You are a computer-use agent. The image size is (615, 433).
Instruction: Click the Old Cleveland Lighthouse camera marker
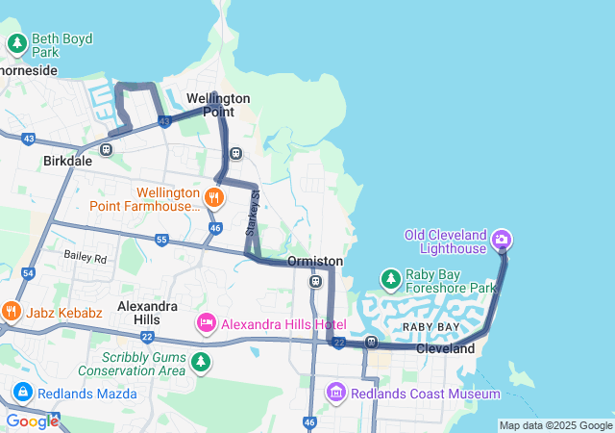(501, 239)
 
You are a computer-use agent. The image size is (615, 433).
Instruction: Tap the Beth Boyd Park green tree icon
(17, 43)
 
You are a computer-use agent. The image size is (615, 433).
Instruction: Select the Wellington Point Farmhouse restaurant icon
(213, 198)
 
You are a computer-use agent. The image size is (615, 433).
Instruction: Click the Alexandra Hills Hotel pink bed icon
(206, 324)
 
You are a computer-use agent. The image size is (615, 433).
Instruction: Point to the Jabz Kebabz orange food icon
(11, 311)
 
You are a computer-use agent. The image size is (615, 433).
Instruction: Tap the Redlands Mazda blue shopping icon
(22, 394)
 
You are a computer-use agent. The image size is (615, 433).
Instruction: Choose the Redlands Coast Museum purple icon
(335, 393)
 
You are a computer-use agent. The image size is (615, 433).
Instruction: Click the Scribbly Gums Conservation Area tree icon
(201, 362)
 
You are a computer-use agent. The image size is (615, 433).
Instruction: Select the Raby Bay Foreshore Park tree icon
(390, 279)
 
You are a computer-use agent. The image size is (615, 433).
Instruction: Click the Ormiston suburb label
(315, 261)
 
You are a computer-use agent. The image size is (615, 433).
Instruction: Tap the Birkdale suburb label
(67, 162)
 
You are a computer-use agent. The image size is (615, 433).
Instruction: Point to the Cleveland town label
(446, 348)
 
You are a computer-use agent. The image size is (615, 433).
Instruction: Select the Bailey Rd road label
(86, 256)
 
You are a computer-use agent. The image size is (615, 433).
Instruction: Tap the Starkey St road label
(253, 214)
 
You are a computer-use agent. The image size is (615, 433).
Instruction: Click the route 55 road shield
(160, 239)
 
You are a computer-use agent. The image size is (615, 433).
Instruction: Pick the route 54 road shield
(28, 274)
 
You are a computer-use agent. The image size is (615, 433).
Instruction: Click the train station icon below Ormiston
(315, 281)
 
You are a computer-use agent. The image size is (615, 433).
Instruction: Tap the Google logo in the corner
(32, 421)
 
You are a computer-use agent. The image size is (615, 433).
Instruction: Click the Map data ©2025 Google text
(555, 425)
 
